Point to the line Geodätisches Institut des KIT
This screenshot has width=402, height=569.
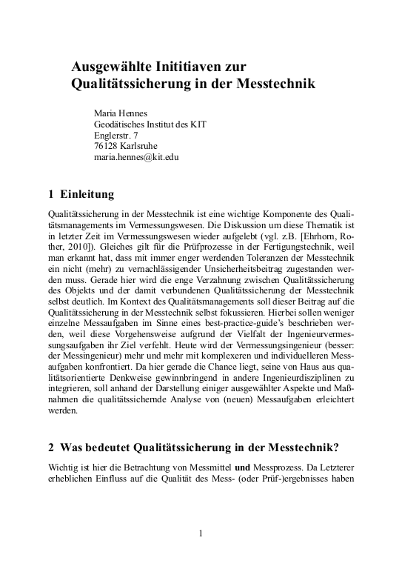pyautogui.click(x=150, y=124)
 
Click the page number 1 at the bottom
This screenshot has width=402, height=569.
pyautogui.click(x=201, y=533)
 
